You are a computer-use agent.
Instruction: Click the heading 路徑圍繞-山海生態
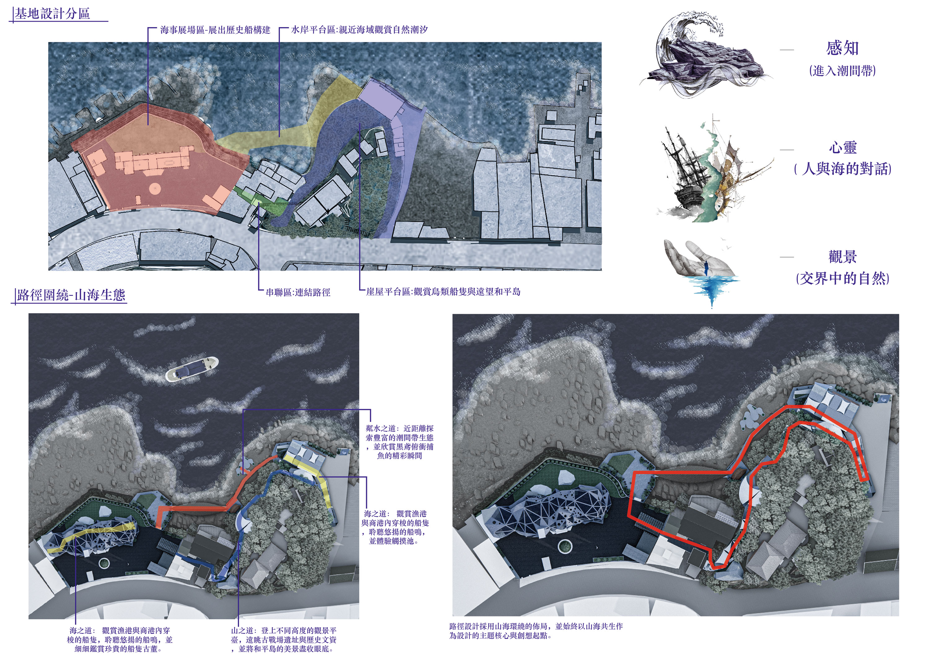click(71, 295)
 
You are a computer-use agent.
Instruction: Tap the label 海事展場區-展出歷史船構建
click(215, 30)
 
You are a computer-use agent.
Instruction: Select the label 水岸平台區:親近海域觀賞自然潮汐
click(359, 30)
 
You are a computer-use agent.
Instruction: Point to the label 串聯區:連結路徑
click(298, 292)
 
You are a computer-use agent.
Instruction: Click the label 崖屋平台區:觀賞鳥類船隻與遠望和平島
click(443, 292)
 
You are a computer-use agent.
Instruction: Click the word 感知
click(842, 48)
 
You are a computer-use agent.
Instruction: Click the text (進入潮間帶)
click(842, 71)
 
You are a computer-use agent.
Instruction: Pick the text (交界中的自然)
click(842, 278)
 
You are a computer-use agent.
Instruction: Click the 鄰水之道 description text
click(399, 442)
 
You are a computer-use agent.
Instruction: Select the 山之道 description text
click(283, 640)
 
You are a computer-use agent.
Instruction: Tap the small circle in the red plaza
click(154, 188)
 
